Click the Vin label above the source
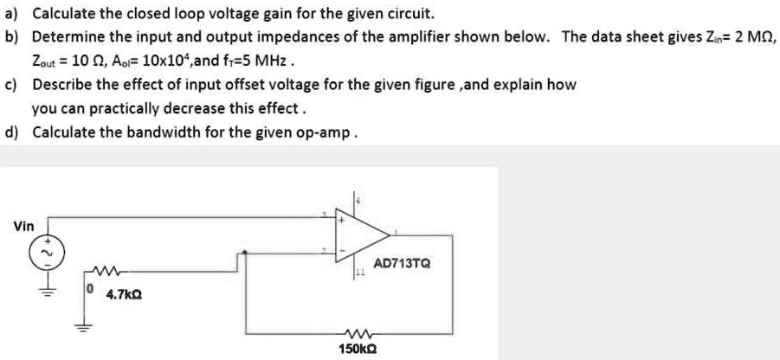tap(24, 226)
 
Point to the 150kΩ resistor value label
tap(355, 349)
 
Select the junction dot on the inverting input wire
tap(247, 254)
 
